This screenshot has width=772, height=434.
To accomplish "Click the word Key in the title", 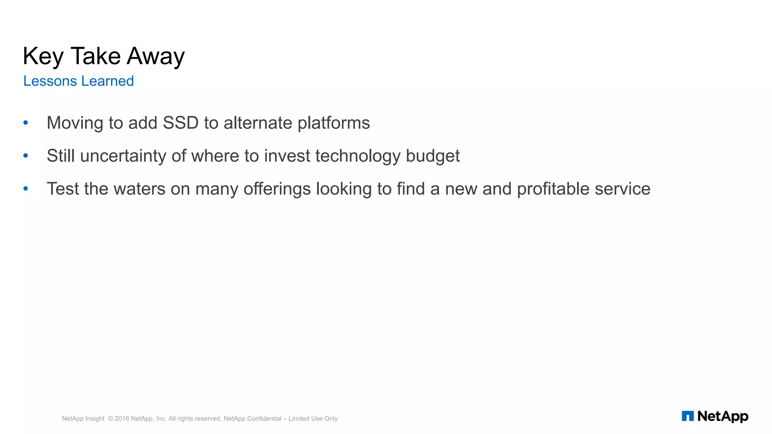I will (43, 57).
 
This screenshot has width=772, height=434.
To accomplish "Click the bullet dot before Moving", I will (26, 122).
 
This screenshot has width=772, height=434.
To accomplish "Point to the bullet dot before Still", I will (26, 156).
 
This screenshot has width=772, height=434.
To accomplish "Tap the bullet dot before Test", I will (26, 188).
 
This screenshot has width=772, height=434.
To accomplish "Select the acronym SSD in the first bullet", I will (181, 123).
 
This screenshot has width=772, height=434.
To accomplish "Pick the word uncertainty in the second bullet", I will (123, 156).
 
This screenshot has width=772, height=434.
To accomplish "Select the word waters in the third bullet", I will (139, 189).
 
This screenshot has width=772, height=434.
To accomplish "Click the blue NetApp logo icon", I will (688, 416).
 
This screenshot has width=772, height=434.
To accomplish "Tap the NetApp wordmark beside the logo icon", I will (723, 416).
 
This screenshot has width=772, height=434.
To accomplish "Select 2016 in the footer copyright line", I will (122, 419).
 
